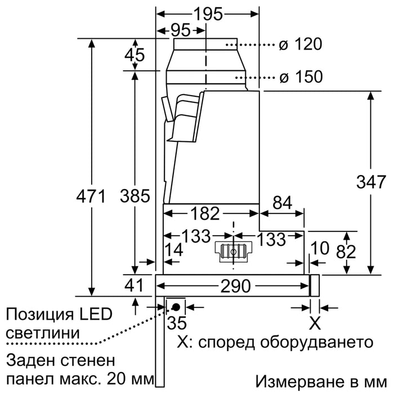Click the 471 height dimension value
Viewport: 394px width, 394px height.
coord(91,196)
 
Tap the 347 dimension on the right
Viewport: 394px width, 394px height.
coord(371,182)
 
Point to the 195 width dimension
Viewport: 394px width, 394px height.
coord(208,14)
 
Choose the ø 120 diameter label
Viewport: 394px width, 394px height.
coord(301,44)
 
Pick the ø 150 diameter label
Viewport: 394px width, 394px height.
coord(301,77)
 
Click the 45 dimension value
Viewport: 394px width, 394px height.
coord(135,55)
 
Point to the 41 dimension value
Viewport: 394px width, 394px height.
coord(134,285)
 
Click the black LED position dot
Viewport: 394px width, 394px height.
coord(176,307)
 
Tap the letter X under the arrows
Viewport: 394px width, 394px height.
coord(315,324)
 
